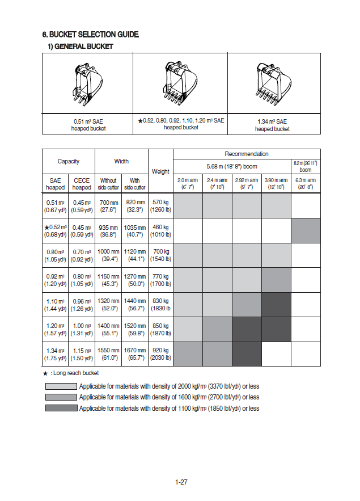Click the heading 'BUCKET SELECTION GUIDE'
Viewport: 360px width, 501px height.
click(91, 35)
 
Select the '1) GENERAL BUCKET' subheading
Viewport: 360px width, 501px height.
click(80, 47)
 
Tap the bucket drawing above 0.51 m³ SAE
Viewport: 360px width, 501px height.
click(88, 84)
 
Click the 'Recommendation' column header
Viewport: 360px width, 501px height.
click(247, 154)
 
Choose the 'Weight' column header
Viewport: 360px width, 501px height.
click(160, 171)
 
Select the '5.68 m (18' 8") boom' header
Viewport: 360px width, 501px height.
click(232, 166)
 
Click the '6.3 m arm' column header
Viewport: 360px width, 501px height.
click(305, 183)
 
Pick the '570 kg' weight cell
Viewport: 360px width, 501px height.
click(160, 205)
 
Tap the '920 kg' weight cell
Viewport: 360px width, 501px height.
click(160, 354)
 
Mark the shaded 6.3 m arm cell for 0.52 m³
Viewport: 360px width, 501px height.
click(306, 230)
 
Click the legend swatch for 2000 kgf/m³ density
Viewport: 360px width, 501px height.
click(61, 386)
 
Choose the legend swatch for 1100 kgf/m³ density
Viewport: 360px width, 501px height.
click(61, 408)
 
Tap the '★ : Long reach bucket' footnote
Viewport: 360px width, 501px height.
click(71, 373)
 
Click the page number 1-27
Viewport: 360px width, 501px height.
click(181, 482)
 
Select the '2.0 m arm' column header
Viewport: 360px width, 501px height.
click(188, 183)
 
